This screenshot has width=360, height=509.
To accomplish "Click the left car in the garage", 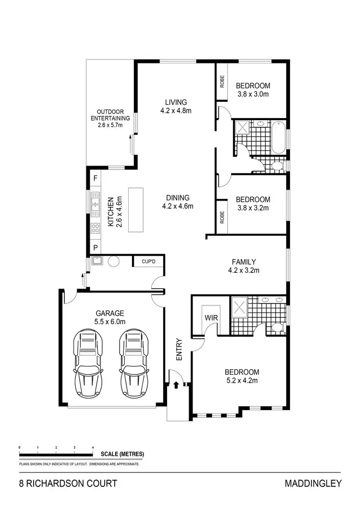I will pos(88,363).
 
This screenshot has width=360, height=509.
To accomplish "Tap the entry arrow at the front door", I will pos(176,385).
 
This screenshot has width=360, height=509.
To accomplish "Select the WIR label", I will pos(211,318).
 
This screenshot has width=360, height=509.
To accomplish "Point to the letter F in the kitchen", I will pos(96,178).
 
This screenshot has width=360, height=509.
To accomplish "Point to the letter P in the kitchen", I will pos(96,248).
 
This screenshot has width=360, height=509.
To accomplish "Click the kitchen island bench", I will pos(135,210).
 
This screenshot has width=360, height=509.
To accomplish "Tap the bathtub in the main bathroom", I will pos(278,138).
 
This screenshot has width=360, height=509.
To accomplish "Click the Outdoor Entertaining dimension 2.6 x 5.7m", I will pos(110,125).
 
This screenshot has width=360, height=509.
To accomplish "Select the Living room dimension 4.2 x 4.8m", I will pos(176,111).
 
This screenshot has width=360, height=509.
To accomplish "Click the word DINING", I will pos(178,197).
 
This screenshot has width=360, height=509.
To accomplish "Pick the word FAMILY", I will pos(243,262).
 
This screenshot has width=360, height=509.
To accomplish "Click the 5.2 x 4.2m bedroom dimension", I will pos(242,381).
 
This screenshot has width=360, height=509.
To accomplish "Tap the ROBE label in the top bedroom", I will pos(222,82).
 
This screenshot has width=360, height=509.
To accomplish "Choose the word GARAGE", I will pos(109,313).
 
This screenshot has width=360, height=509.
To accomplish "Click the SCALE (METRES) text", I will pos(122,454).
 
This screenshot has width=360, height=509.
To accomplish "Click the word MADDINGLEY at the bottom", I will pos(313,484).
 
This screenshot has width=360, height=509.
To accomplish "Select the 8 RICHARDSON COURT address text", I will pos(68,484).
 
